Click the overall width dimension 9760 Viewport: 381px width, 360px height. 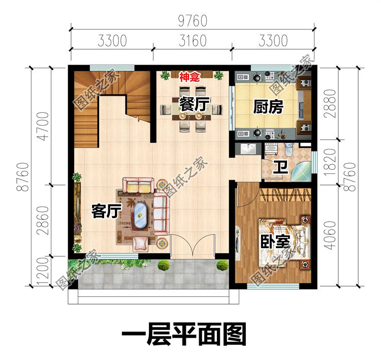pos(193,21)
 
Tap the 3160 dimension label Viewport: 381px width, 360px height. pos(193,41)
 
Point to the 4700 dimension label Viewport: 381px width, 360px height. pos(43,126)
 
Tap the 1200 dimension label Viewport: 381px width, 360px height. pos(43,271)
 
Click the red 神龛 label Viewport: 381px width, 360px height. pos(189,78)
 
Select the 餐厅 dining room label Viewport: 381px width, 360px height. pos(194,104)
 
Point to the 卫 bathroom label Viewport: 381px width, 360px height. pos(280,168)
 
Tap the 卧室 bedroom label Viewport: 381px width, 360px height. pos(275,241)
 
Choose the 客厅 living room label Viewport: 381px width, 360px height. pos(106,211)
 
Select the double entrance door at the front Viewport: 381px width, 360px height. pos(193,246)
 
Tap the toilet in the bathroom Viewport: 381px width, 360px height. pos(289,149)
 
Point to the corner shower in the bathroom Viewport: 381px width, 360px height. pos(301,171)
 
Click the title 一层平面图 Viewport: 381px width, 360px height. pos(184,335)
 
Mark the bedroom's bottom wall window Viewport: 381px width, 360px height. pos(273,286)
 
